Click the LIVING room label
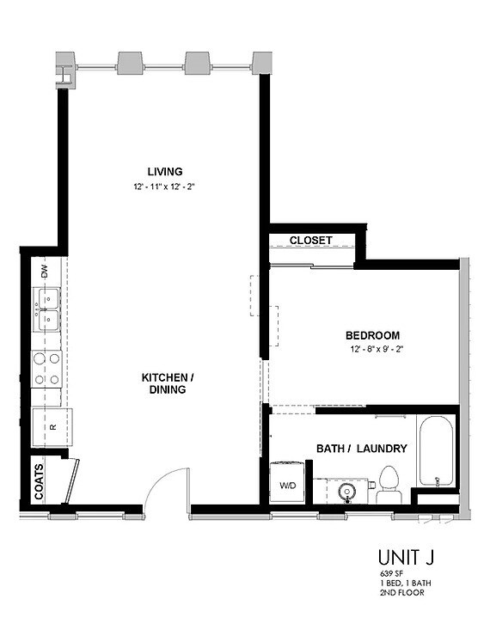tap(164, 171)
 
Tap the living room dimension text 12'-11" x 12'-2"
tap(164, 186)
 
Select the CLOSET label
tap(310, 241)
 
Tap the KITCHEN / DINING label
tap(168, 383)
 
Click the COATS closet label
tap(39, 481)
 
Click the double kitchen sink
tap(47, 310)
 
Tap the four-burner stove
tap(47, 369)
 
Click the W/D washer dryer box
tap(287, 485)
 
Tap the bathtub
tap(436, 453)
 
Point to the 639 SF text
tap(391, 573)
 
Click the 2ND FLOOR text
tap(401, 592)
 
